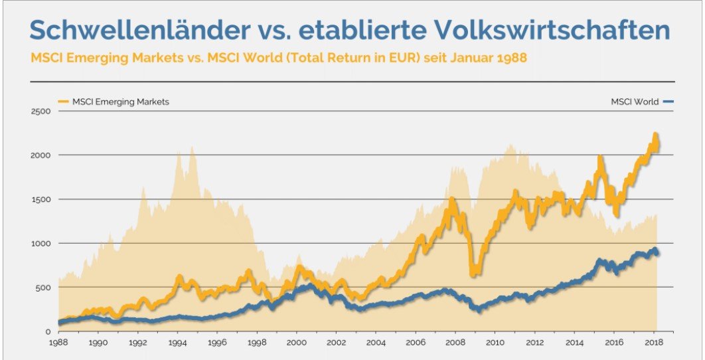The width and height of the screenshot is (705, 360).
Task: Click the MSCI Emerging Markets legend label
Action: coord(120,102)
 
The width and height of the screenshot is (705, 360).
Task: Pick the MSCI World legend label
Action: coord(635,102)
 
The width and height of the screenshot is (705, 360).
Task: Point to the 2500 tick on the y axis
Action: coord(42,111)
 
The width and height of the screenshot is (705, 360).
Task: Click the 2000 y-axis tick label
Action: coord(42,155)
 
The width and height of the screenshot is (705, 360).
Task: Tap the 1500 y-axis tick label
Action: coord(42,199)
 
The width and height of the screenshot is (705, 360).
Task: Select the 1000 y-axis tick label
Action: coord(42,243)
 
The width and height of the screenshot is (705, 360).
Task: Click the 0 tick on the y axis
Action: coord(48,331)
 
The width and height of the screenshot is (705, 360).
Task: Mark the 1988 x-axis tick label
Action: coord(58,343)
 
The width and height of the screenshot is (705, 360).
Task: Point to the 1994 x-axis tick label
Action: coord(178,343)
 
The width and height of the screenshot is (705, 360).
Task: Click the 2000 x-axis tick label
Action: coord(296,343)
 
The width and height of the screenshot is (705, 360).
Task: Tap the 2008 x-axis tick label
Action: coord(455,343)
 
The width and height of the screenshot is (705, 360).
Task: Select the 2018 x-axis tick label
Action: coord(653,343)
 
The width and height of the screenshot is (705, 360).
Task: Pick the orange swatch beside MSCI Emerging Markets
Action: coord(64,102)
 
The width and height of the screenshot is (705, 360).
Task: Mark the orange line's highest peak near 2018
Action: coord(655,135)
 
